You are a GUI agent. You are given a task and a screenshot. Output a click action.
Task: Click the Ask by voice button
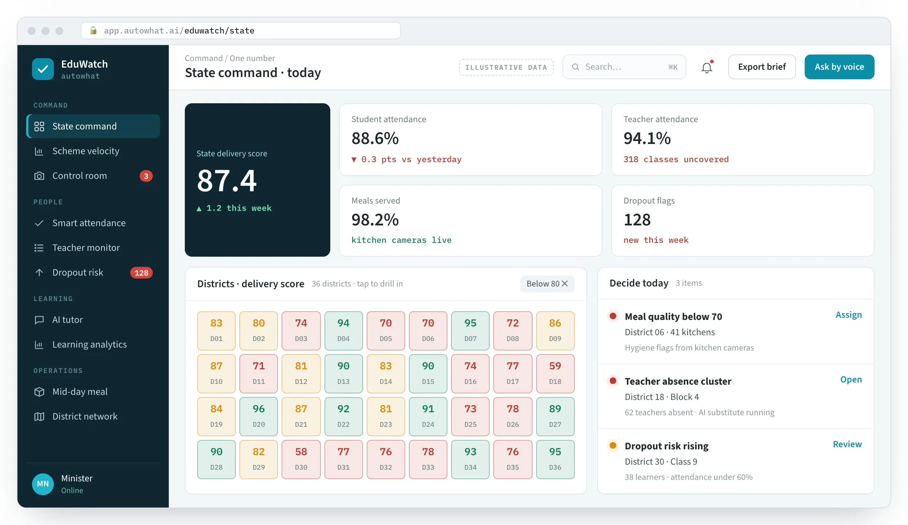[839, 67]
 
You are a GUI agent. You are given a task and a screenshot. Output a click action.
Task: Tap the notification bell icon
[707, 67]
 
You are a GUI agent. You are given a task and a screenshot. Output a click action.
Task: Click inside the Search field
[624, 67]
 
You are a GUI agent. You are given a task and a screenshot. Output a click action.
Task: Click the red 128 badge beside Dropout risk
[141, 273]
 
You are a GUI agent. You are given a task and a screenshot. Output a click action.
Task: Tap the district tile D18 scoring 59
[555, 373]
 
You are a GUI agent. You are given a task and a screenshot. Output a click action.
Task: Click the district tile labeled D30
[301, 459]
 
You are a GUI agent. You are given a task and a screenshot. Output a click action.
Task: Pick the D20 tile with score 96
[259, 416]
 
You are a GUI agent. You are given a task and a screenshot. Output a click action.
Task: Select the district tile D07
[470, 330]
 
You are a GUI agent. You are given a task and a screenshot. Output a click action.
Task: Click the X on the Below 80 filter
[565, 284]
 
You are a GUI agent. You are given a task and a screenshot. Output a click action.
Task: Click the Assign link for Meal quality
[848, 315]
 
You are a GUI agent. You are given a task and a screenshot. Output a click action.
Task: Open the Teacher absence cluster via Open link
[851, 380]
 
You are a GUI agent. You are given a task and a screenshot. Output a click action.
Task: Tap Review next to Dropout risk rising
[847, 444]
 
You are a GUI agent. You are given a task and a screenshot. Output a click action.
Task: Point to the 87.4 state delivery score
[227, 181]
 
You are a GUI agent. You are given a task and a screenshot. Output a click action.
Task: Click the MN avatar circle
[43, 484]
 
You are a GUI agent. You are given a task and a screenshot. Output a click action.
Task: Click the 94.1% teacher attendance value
[647, 138]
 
